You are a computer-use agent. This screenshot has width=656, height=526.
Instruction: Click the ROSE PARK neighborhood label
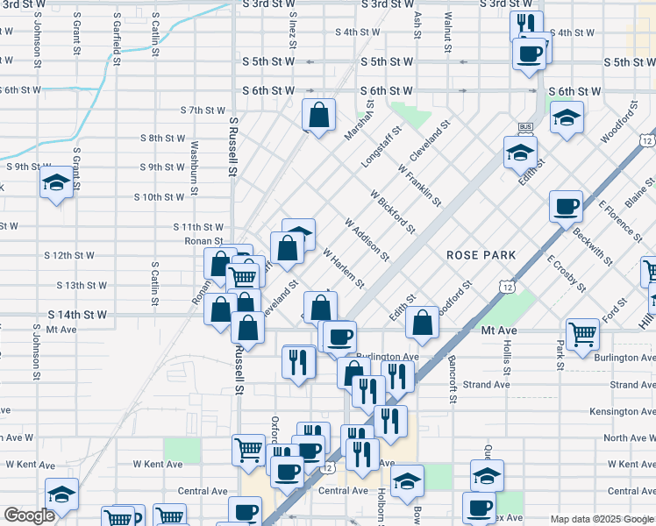tap(480, 254)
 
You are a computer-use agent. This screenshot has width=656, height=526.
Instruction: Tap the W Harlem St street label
tap(343, 267)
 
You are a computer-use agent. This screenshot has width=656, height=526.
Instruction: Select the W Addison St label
tap(367, 239)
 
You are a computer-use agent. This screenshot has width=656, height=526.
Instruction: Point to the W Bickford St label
tap(392, 211)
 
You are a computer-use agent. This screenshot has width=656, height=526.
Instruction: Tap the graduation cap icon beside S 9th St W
tap(57, 184)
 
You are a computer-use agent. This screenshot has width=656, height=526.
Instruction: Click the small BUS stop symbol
tap(526, 128)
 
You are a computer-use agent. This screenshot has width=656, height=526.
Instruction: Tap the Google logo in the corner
tap(29, 515)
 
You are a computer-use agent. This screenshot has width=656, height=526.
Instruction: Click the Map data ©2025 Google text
tap(602, 519)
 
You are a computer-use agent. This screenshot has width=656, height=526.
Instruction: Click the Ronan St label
tap(203, 239)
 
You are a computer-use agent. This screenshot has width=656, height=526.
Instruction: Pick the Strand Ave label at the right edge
tap(632, 385)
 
